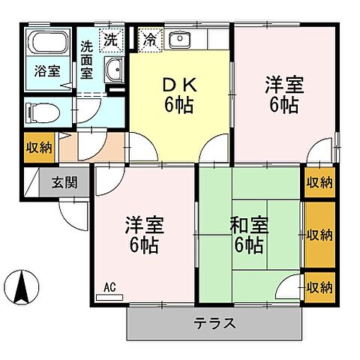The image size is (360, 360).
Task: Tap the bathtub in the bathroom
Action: click(x=47, y=45)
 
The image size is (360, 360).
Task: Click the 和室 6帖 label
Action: click(x=247, y=234)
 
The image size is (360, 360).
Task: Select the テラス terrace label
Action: click(x=215, y=324)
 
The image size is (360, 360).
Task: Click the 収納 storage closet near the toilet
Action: click(x=39, y=146)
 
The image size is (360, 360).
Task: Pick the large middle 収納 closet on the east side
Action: click(x=319, y=235)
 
